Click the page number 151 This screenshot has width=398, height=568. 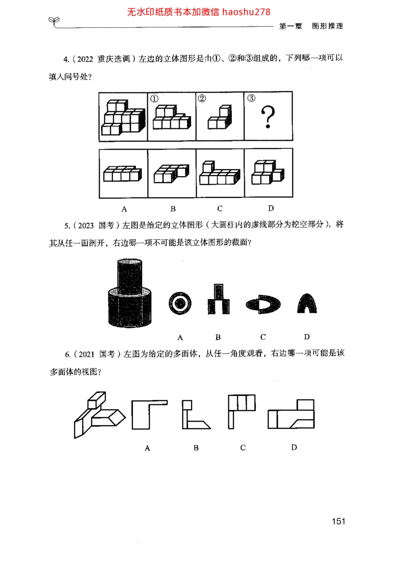pos(338,521)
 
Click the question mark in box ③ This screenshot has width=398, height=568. pos(268,118)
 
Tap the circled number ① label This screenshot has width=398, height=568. pos(155,98)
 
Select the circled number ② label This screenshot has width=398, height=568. pos(201,98)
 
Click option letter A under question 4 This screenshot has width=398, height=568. pos(124,208)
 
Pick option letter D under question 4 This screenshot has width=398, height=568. pos(271,208)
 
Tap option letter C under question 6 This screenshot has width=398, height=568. pos(243,447)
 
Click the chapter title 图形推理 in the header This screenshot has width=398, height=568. pos(327,26)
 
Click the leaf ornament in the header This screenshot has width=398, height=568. pos(54,20)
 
